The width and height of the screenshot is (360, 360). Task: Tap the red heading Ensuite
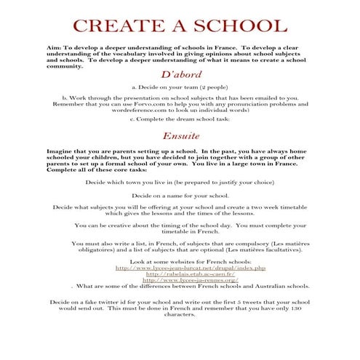click(x=180, y=136)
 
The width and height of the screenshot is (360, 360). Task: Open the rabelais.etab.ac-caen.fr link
click(x=180, y=273)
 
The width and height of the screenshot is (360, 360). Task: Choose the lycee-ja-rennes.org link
click(x=180, y=280)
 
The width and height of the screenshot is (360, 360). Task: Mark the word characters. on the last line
click(x=180, y=315)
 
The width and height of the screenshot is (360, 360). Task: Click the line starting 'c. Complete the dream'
click(x=180, y=119)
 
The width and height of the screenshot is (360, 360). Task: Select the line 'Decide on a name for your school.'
click(x=180, y=196)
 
